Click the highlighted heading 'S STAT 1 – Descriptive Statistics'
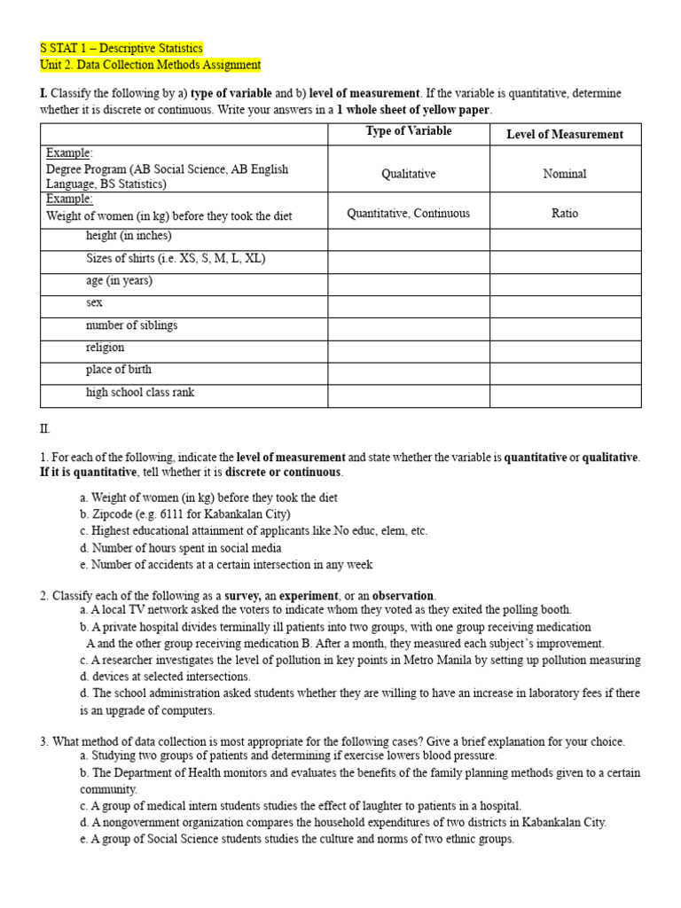click(x=121, y=48)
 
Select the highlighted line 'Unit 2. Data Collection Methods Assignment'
click(x=151, y=65)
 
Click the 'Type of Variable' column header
click(x=408, y=131)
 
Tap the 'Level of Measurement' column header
click(x=564, y=134)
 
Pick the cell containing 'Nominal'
click(x=564, y=174)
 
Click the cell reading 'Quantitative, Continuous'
click(x=408, y=214)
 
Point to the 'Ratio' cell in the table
click(x=564, y=214)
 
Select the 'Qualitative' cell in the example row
click(x=408, y=174)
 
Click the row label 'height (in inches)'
click(x=129, y=236)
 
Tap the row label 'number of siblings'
click(x=131, y=325)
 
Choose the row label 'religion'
click(x=105, y=348)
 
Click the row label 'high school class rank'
click(x=140, y=392)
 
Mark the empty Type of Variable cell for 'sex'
click(x=408, y=303)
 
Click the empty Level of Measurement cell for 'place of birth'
click(x=564, y=370)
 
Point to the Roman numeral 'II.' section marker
click(x=45, y=428)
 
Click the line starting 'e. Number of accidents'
click(x=226, y=565)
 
